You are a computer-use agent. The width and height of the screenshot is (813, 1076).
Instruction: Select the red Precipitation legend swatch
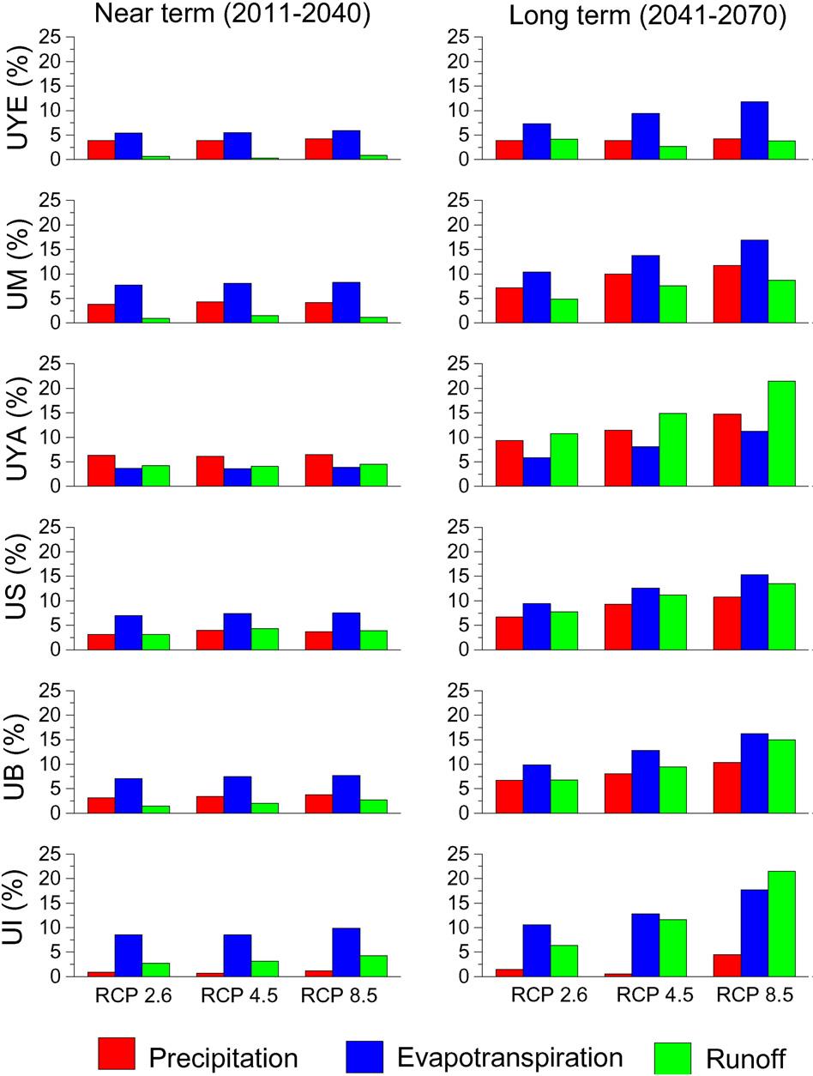coord(117,1055)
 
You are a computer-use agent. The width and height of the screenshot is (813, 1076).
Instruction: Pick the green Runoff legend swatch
coord(673,1055)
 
